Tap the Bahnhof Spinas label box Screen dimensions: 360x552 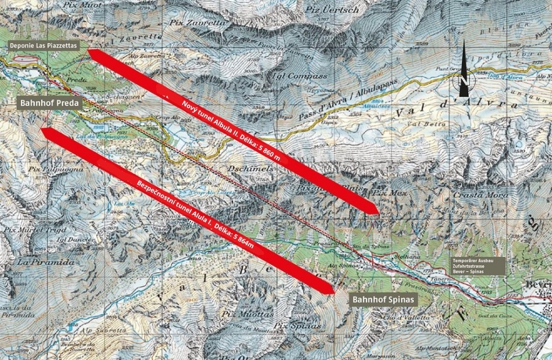tap(384, 300)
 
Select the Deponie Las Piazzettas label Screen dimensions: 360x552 tap(43, 45)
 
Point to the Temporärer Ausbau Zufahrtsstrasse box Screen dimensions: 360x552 tap(476, 265)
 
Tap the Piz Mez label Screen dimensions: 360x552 tap(388, 191)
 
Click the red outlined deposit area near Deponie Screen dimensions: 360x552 tap(23, 59)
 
